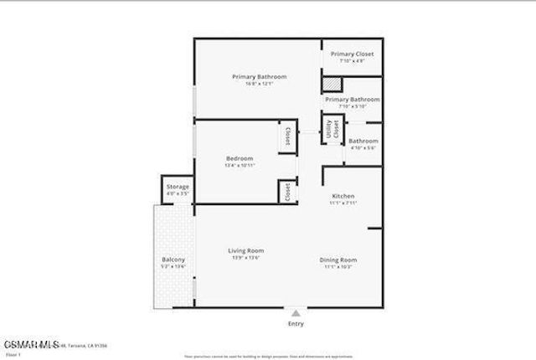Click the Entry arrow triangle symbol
tap(295, 313)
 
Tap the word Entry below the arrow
tap(296, 324)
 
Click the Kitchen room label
tap(344, 195)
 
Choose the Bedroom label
tap(240, 158)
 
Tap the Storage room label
tap(178, 186)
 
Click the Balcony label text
tap(173, 260)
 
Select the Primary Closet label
tap(352, 54)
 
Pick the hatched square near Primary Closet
tap(333, 85)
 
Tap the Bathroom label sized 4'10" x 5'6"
tap(363, 141)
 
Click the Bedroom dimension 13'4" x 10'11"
tap(240, 165)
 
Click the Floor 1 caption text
tap(12, 353)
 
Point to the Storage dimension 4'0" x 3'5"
tap(178, 193)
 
